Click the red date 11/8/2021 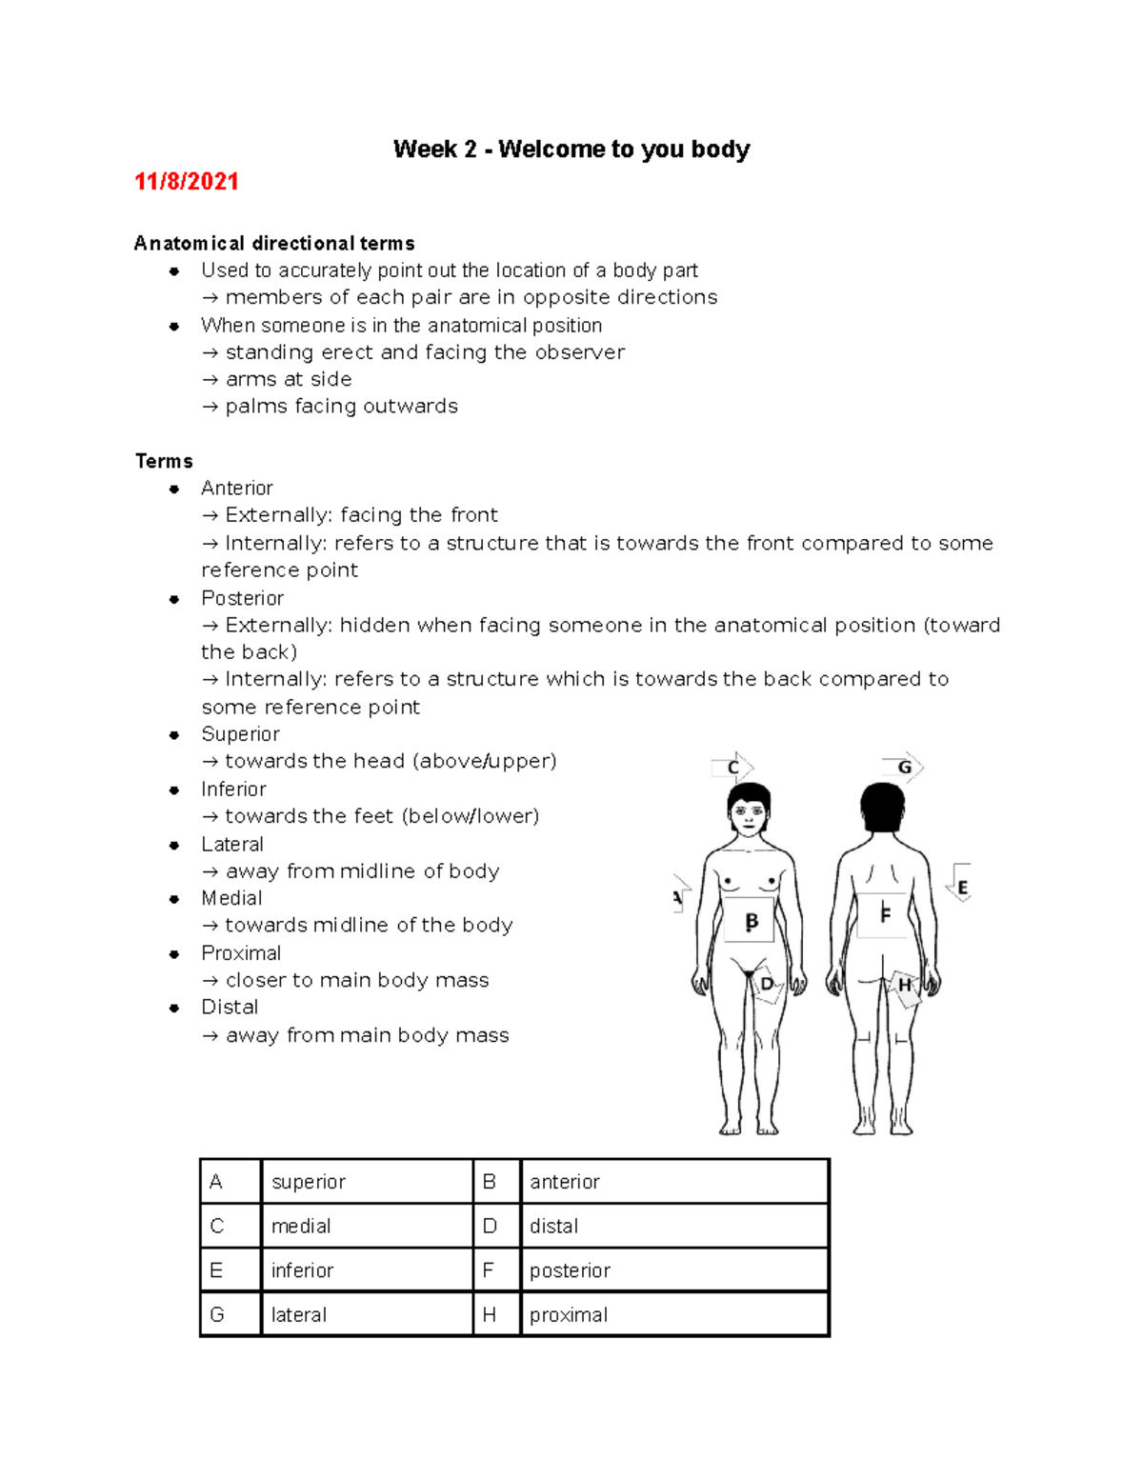186,181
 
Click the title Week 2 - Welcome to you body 571,150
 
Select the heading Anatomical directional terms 274,243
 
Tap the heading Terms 164,461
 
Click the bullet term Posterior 242,598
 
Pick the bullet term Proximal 241,953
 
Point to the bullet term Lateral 232,844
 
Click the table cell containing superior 366,1182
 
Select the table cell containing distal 674,1226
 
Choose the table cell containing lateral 366,1314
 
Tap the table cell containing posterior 674,1270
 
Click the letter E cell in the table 230,1270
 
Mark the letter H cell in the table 496,1314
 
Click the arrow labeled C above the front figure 733,768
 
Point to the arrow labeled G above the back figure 903,767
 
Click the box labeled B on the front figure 750,921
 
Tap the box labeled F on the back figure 883,914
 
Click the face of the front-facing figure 749,815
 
